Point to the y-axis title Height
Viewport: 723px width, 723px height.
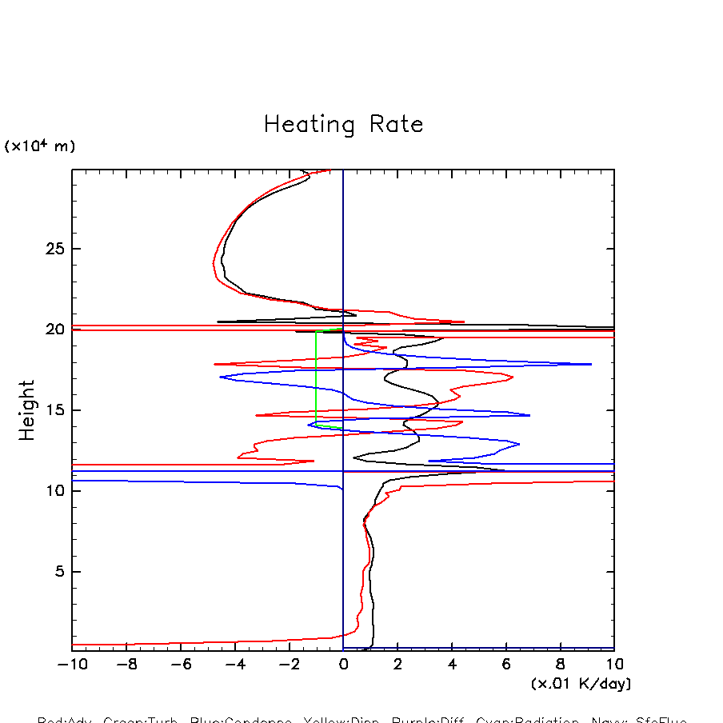tap(28, 409)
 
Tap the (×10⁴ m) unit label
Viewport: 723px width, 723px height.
tap(40, 146)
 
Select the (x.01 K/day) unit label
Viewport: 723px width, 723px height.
tap(581, 684)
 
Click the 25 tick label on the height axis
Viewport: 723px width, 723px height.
tap(54, 249)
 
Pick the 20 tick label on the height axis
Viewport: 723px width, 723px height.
tap(54, 330)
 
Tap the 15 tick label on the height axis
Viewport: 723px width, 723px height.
tap(54, 410)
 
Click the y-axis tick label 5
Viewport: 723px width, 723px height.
tap(58, 572)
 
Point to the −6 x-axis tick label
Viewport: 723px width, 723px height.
tap(179, 665)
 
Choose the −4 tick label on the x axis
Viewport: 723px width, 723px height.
tap(234, 665)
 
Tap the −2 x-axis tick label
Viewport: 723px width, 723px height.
tap(288, 665)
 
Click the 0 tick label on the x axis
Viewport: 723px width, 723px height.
tap(343, 665)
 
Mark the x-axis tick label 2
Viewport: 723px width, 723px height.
tap(397, 665)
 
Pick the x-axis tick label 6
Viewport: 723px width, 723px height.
tap(506, 665)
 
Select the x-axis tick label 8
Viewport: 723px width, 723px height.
tap(561, 665)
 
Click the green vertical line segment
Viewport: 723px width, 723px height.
tap(316, 376)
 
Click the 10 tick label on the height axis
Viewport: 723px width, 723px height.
tap(54, 491)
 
